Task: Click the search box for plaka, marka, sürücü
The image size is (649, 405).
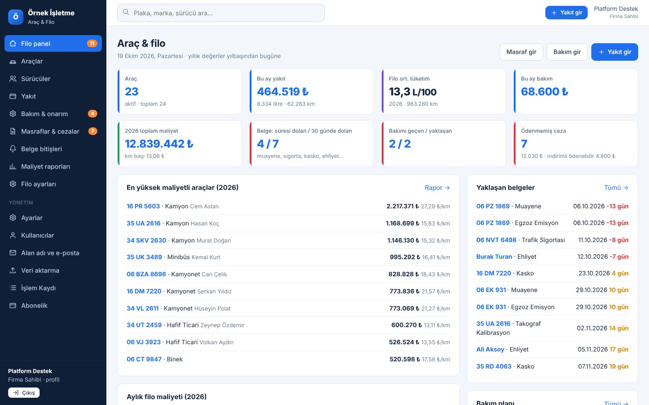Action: click(x=221, y=13)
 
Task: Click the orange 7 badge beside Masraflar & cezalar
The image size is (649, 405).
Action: click(x=92, y=131)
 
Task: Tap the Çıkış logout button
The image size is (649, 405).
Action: click(x=24, y=392)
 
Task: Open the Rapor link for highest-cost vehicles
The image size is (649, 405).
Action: click(x=437, y=188)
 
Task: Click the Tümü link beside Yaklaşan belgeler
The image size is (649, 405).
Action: click(x=616, y=188)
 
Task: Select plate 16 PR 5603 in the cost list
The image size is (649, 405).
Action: click(x=143, y=206)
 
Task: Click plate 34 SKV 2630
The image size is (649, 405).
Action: click(x=146, y=240)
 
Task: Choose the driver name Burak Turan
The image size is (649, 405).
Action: click(x=494, y=256)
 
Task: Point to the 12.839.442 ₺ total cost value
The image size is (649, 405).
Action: click(x=159, y=144)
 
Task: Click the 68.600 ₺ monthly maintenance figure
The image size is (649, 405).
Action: click(x=544, y=91)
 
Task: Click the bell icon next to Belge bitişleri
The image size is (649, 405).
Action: click(x=13, y=148)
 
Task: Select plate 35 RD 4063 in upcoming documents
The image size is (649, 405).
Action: click(x=494, y=366)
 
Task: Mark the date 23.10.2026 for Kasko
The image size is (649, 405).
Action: click(x=594, y=274)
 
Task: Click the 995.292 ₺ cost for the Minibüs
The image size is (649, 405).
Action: click(x=405, y=257)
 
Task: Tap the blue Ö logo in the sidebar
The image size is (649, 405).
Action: click(x=16, y=17)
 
